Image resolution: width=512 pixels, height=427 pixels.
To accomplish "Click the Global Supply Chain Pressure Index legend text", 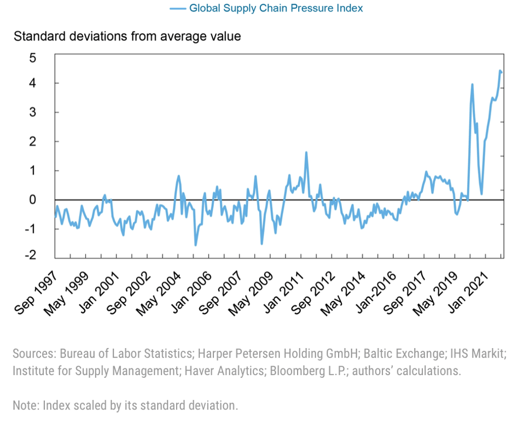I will [276, 8].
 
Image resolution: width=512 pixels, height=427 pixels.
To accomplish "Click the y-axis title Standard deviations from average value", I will [127, 37].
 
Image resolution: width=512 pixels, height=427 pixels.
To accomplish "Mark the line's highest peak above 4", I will [499, 71].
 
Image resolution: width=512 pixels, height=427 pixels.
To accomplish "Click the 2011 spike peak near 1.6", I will [306, 152].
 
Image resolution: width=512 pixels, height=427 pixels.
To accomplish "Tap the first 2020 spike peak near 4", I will [472, 84].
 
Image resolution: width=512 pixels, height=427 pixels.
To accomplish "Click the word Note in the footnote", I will [25, 406].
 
